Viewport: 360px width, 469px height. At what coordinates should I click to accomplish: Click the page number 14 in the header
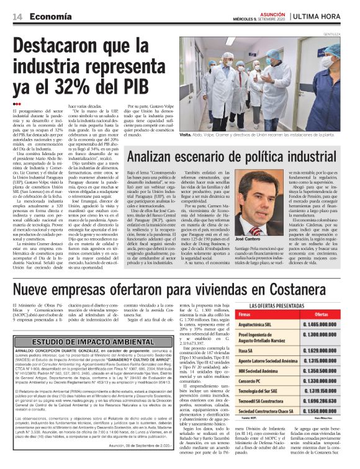pos(16,17)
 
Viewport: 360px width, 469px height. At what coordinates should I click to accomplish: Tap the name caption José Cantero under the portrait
pos(248,239)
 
